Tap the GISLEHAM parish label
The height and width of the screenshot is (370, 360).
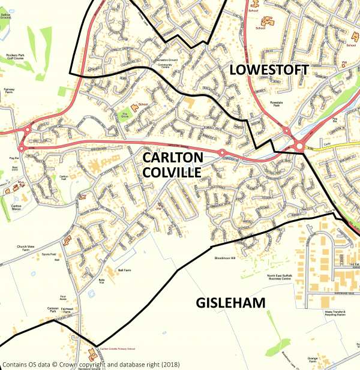[231, 303]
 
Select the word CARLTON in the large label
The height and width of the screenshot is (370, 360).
[172, 158]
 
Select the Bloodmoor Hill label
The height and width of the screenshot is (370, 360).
[226, 258]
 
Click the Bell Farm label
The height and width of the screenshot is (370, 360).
[124, 270]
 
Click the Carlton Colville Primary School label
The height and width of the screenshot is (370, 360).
[118, 348]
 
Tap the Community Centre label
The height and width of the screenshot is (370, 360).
[164, 65]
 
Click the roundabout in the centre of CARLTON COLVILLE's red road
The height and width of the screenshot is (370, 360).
[221, 153]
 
